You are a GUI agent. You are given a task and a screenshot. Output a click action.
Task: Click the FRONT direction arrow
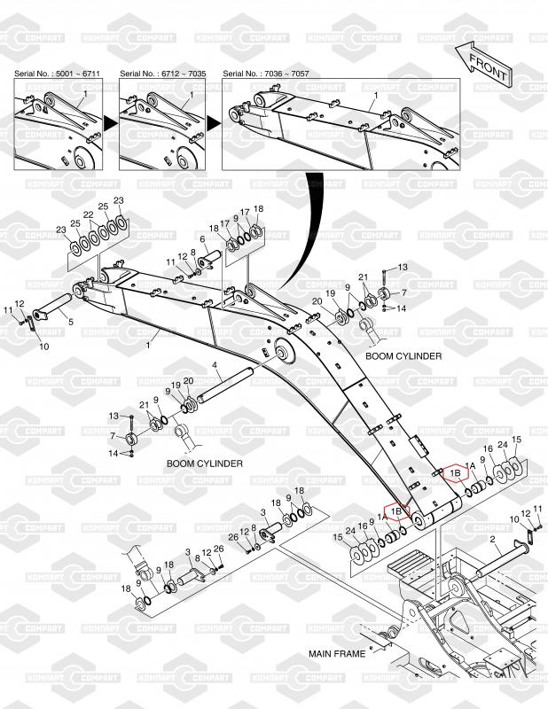click(x=483, y=65)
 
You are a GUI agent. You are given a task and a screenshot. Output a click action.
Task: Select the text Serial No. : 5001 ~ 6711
click(x=57, y=74)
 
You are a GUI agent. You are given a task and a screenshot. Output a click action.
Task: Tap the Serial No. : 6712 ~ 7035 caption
click(x=163, y=74)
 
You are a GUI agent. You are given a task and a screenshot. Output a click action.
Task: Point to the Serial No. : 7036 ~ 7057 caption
click(x=266, y=74)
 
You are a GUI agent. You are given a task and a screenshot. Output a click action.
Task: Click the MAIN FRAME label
click(x=337, y=654)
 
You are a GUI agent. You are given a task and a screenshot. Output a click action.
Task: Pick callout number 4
click(x=215, y=364)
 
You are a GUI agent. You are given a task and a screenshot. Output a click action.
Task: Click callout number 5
click(x=71, y=323)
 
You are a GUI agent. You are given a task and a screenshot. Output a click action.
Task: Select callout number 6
click(x=202, y=238)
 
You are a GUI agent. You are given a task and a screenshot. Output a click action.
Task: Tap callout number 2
click(x=492, y=539)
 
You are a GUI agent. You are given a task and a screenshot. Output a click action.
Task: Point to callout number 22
click(x=89, y=214)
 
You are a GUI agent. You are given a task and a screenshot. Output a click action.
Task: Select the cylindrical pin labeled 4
click(x=224, y=386)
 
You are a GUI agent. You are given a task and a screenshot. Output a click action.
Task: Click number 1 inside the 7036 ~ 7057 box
click(x=376, y=96)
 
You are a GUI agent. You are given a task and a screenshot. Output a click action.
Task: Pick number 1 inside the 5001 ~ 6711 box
click(x=84, y=94)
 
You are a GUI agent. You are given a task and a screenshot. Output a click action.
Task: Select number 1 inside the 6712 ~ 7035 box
click(x=191, y=95)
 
